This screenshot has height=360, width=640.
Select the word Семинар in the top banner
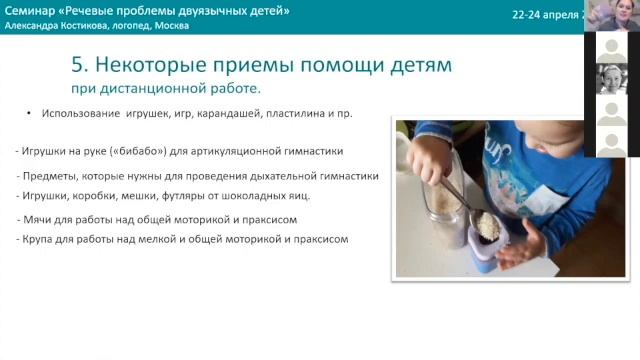point(31,10)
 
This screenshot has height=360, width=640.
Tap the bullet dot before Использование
point(30,114)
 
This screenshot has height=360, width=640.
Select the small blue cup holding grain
point(488,240)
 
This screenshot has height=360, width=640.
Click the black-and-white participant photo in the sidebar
point(611,79)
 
